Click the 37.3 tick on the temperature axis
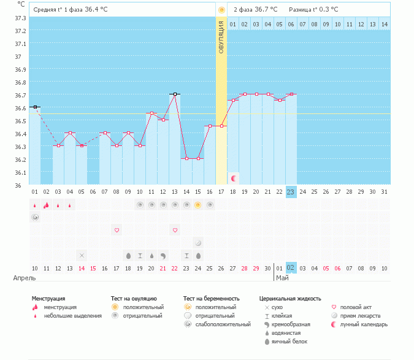coord(20,18)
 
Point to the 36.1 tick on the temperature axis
coord(20,172)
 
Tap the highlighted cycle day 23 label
coord(291,192)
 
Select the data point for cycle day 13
coord(175,94)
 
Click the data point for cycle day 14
coord(186,158)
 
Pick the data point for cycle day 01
coord(35,107)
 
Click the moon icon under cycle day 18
coord(234,178)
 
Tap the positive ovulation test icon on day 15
coord(198,205)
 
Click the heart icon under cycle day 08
coord(117,230)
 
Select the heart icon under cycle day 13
coord(175,230)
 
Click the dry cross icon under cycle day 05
coord(82,255)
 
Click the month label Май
coord(282,278)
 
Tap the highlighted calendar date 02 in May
coord(291,268)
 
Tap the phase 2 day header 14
coord(384,24)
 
